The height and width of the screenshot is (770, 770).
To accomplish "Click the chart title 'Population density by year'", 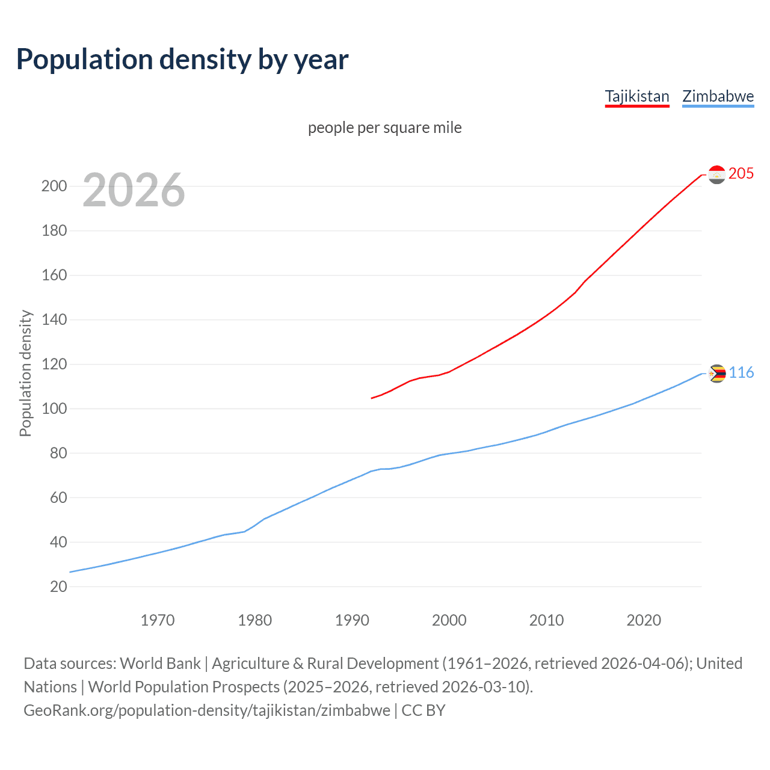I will (x=182, y=60).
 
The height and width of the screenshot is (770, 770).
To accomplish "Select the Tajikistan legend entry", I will (x=636, y=96).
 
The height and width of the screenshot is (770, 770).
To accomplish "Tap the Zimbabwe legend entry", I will (x=718, y=96).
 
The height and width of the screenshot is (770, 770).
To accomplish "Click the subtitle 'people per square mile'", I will (x=384, y=128).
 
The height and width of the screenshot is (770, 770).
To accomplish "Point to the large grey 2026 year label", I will (x=134, y=190).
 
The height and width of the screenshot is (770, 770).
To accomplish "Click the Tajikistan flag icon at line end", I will (x=716, y=174).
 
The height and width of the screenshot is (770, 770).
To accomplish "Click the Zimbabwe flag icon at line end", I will (x=716, y=374).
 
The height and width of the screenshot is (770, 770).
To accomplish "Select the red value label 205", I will (x=741, y=173).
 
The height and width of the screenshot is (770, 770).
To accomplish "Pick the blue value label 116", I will (x=741, y=373).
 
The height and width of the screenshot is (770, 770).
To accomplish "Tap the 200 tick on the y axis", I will (x=54, y=186).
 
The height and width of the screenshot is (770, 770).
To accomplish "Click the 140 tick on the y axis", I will (x=54, y=319).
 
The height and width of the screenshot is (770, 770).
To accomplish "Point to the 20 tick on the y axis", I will (x=58, y=587).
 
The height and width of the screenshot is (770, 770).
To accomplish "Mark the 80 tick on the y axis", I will (x=58, y=453).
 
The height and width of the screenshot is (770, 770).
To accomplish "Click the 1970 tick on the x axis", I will (x=158, y=620).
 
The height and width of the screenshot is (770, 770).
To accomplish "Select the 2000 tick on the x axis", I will (x=449, y=620).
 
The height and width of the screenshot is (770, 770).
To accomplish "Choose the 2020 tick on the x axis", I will (x=644, y=620).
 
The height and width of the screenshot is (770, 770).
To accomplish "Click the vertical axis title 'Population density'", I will (x=25, y=373).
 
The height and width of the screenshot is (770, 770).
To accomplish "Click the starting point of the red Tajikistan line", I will (x=372, y=398).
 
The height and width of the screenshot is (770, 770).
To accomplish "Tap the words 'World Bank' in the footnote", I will (x=160, y=664).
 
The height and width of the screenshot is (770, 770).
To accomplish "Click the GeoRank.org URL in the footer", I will (x=207, y=710).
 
